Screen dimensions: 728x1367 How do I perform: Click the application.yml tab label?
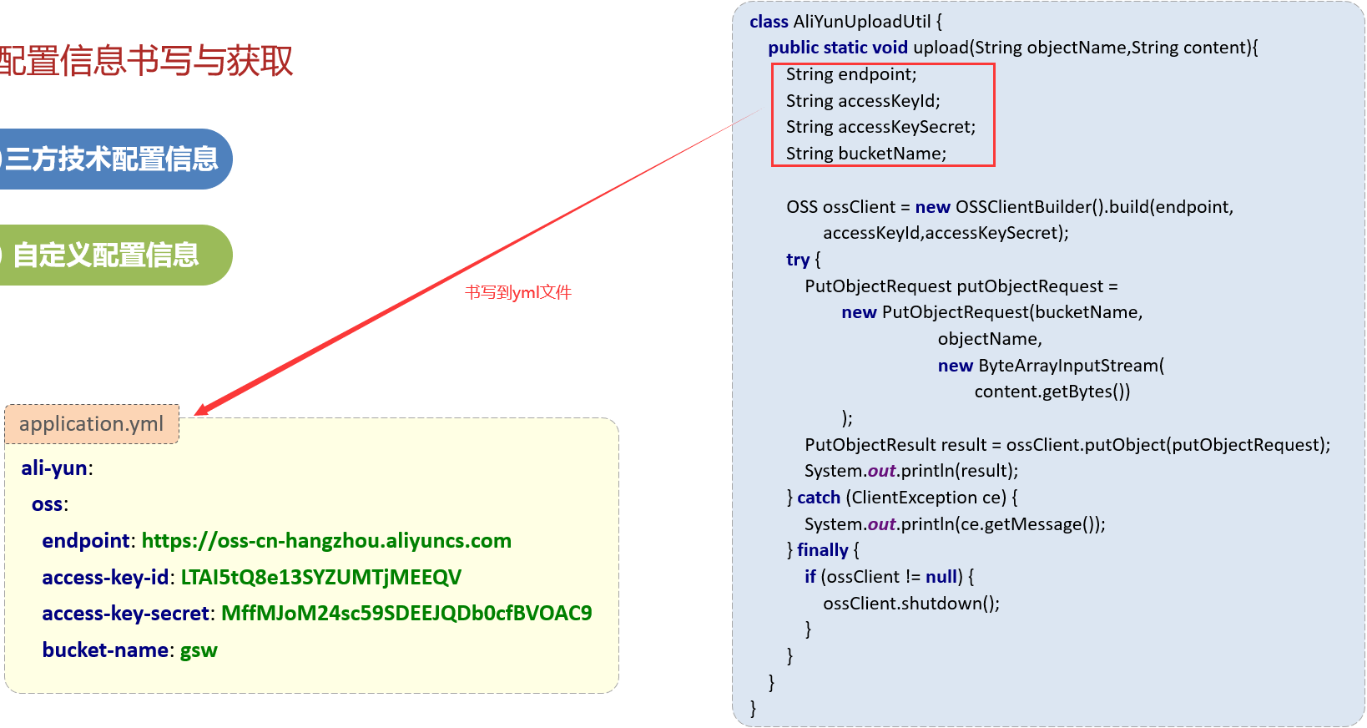[x=92, y=424]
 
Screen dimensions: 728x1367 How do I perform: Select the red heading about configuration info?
[x=146, y=60]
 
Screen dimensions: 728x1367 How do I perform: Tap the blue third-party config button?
[x=113, y=159]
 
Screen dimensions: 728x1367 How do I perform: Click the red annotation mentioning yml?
[x=518, y=292]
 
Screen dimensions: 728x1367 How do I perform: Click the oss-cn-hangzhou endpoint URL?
[x=326, y=541]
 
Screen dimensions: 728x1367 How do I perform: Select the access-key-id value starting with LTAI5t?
[x=321, y=578]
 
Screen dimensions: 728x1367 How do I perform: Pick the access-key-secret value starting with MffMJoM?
[x=406, y=614]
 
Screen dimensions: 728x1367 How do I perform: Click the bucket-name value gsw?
[x=199, y=650]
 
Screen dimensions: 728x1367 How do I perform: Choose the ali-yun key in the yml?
[x=54, y=468]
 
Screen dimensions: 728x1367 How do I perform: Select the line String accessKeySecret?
[x=880, y=127]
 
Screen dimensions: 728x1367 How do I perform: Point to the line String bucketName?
[x=866, y=154]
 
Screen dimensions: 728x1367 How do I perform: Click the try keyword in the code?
[x=798, y=260]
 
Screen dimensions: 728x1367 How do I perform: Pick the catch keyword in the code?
[x=819, y=498]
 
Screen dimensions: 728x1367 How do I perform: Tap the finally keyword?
[x=822, y=550]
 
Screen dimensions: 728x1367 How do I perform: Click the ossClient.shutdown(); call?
[x=911, y=604]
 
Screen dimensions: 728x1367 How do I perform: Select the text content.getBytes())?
[x=1052, y=392]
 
